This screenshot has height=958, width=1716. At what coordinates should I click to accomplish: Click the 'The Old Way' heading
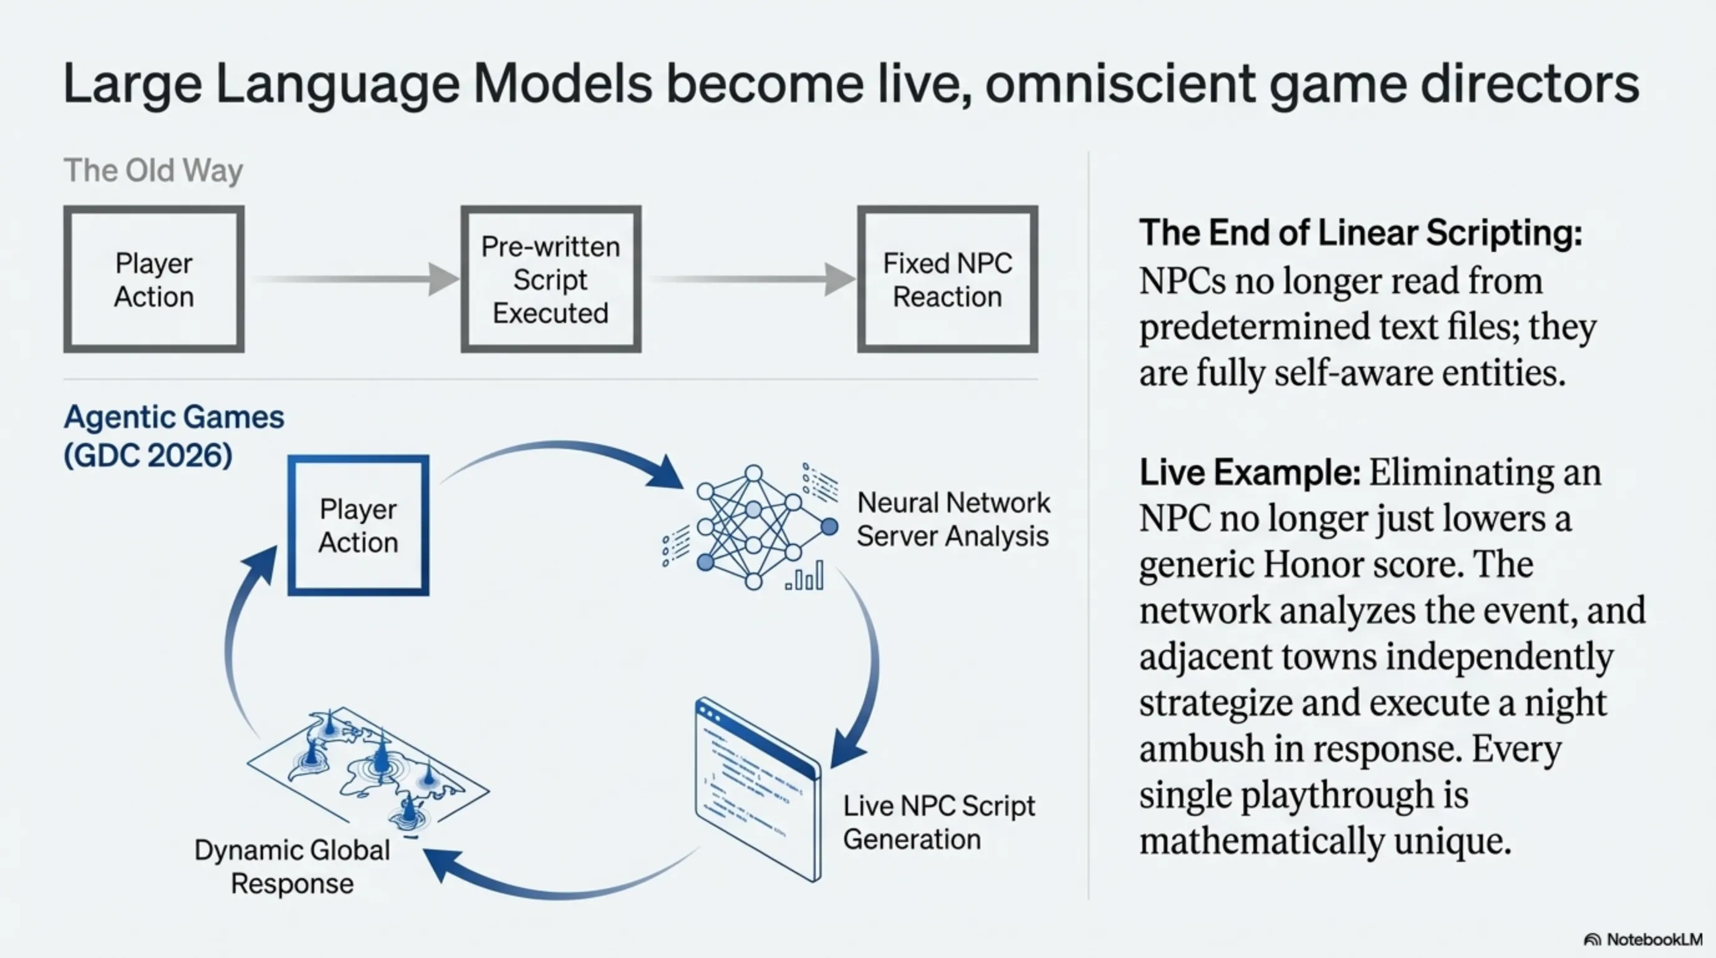point(153,170)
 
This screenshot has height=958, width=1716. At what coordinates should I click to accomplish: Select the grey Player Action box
point(154,279)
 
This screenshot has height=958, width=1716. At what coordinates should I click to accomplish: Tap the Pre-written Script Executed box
point(551,279)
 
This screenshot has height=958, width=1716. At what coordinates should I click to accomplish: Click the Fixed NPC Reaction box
point(947,279)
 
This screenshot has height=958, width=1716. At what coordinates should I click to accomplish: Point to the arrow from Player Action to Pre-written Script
point(353,279)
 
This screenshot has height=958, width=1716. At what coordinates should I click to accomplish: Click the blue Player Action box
point(359,526)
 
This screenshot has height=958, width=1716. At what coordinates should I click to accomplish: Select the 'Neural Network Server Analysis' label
point(953,520)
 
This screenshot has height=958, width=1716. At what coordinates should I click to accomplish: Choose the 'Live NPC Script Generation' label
point(938,823)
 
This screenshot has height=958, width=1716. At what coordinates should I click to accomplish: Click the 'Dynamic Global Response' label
point(292,867)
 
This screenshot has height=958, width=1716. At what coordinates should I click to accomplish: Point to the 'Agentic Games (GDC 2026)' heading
point(173,437)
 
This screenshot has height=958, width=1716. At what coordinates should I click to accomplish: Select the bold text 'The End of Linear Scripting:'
point(1361,233)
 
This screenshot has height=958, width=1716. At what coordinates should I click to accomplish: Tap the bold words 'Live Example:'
point(1250,473)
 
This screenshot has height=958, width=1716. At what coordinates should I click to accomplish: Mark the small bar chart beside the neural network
point(805,577)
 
